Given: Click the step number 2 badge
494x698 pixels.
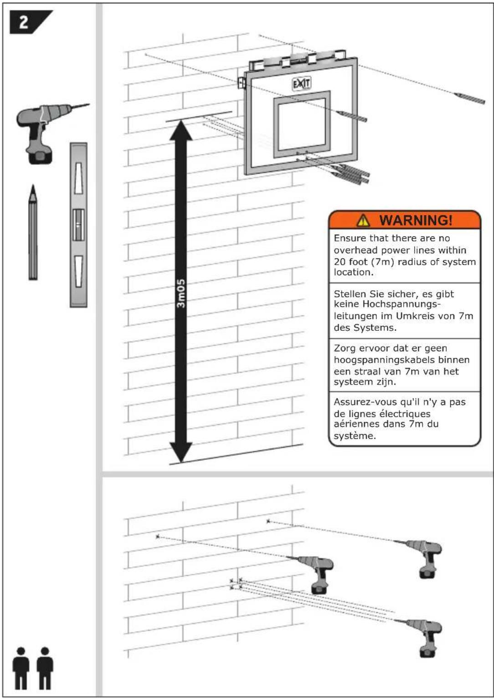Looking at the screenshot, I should pos(24,22).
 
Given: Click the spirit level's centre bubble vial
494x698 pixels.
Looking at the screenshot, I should pos(78,225).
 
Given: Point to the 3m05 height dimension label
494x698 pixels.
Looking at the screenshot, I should pos(181,293).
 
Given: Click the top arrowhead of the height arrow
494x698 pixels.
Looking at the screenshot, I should pos(181,130).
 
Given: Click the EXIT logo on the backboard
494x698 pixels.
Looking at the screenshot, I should pos(301,83).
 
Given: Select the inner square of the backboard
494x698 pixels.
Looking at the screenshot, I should pos(302,123).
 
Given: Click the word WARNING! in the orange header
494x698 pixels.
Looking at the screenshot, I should pos(416,221).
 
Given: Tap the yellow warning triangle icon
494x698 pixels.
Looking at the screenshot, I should pos(363,221).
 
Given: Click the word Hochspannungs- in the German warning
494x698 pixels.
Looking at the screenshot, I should pos(401,304).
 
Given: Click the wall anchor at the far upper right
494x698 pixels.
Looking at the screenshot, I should pos(469,98).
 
